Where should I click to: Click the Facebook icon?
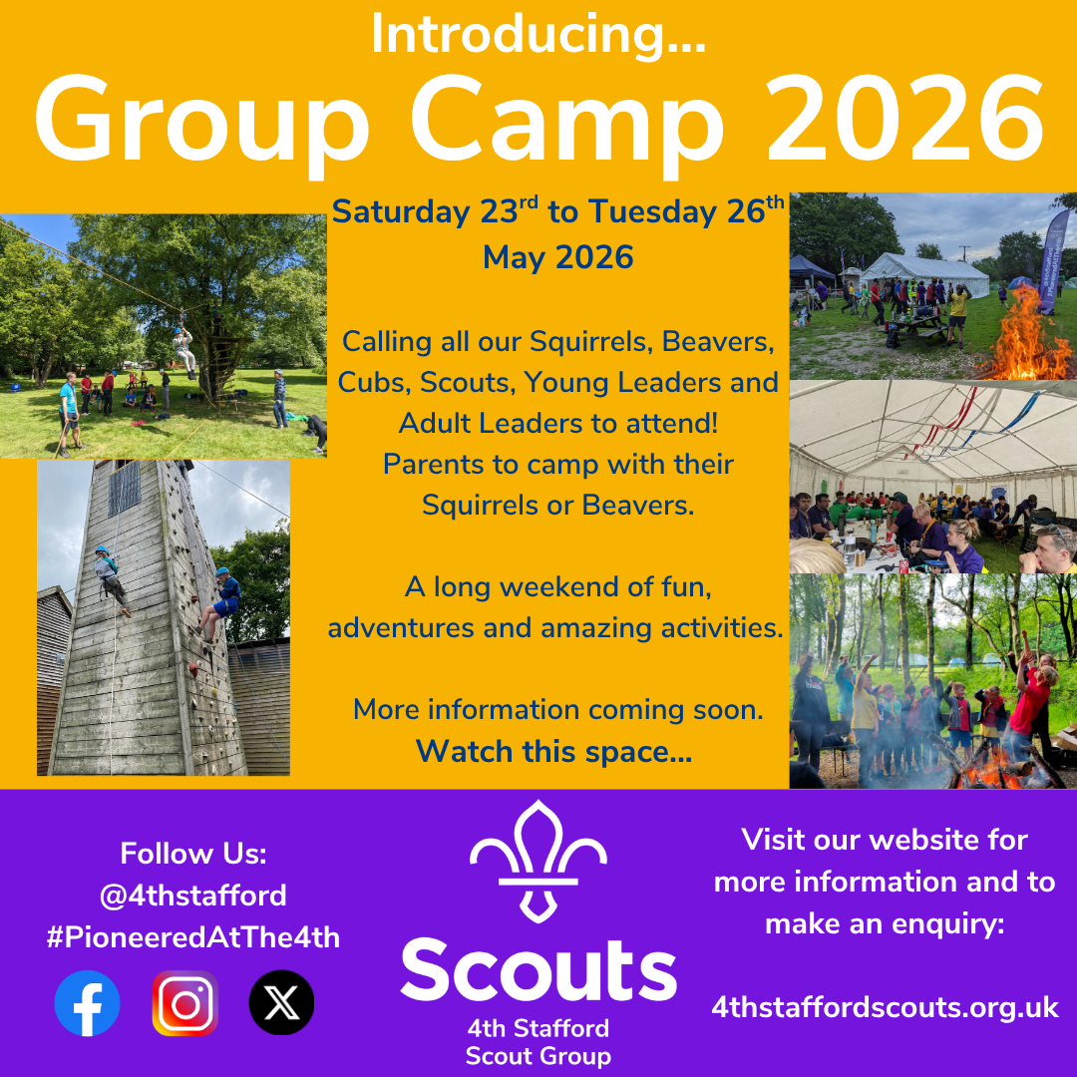click(88, 1002)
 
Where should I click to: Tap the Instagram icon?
click(184, 1002)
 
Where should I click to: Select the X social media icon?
click(281, 1002)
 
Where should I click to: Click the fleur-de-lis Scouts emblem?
click(538, 859)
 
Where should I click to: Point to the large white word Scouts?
click(538, 969)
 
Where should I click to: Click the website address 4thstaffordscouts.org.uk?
click(885, 1007)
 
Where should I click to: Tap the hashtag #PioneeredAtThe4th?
click(193, 937)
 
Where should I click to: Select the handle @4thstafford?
click(193, 895)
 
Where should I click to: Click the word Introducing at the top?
click(538, 36)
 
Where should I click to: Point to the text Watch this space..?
click(553, 751)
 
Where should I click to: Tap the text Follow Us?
click(193, 854)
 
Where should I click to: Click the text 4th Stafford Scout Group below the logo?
click(538, 1041)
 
